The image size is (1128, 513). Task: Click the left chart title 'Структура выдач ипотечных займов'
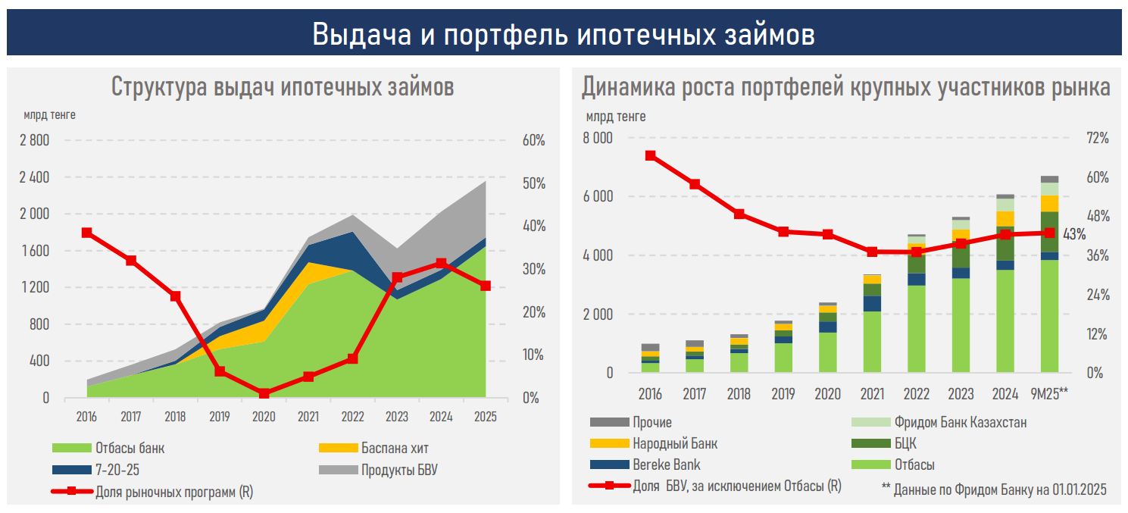[283, 86]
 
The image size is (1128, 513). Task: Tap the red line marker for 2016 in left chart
[87, 233]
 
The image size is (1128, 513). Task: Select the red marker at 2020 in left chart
[264, 394]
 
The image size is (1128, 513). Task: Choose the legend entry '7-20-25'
[117, 470]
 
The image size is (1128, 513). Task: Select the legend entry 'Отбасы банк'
[130, 449]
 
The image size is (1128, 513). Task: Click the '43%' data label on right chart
[1074, 234]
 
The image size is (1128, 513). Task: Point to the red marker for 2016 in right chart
[651, 155]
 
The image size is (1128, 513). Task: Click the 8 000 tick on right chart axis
[598, 139]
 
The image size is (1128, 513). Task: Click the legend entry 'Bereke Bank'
[667, 465]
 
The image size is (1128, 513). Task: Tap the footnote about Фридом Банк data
[994, 490]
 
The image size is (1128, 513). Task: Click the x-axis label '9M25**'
[1048, 394]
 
